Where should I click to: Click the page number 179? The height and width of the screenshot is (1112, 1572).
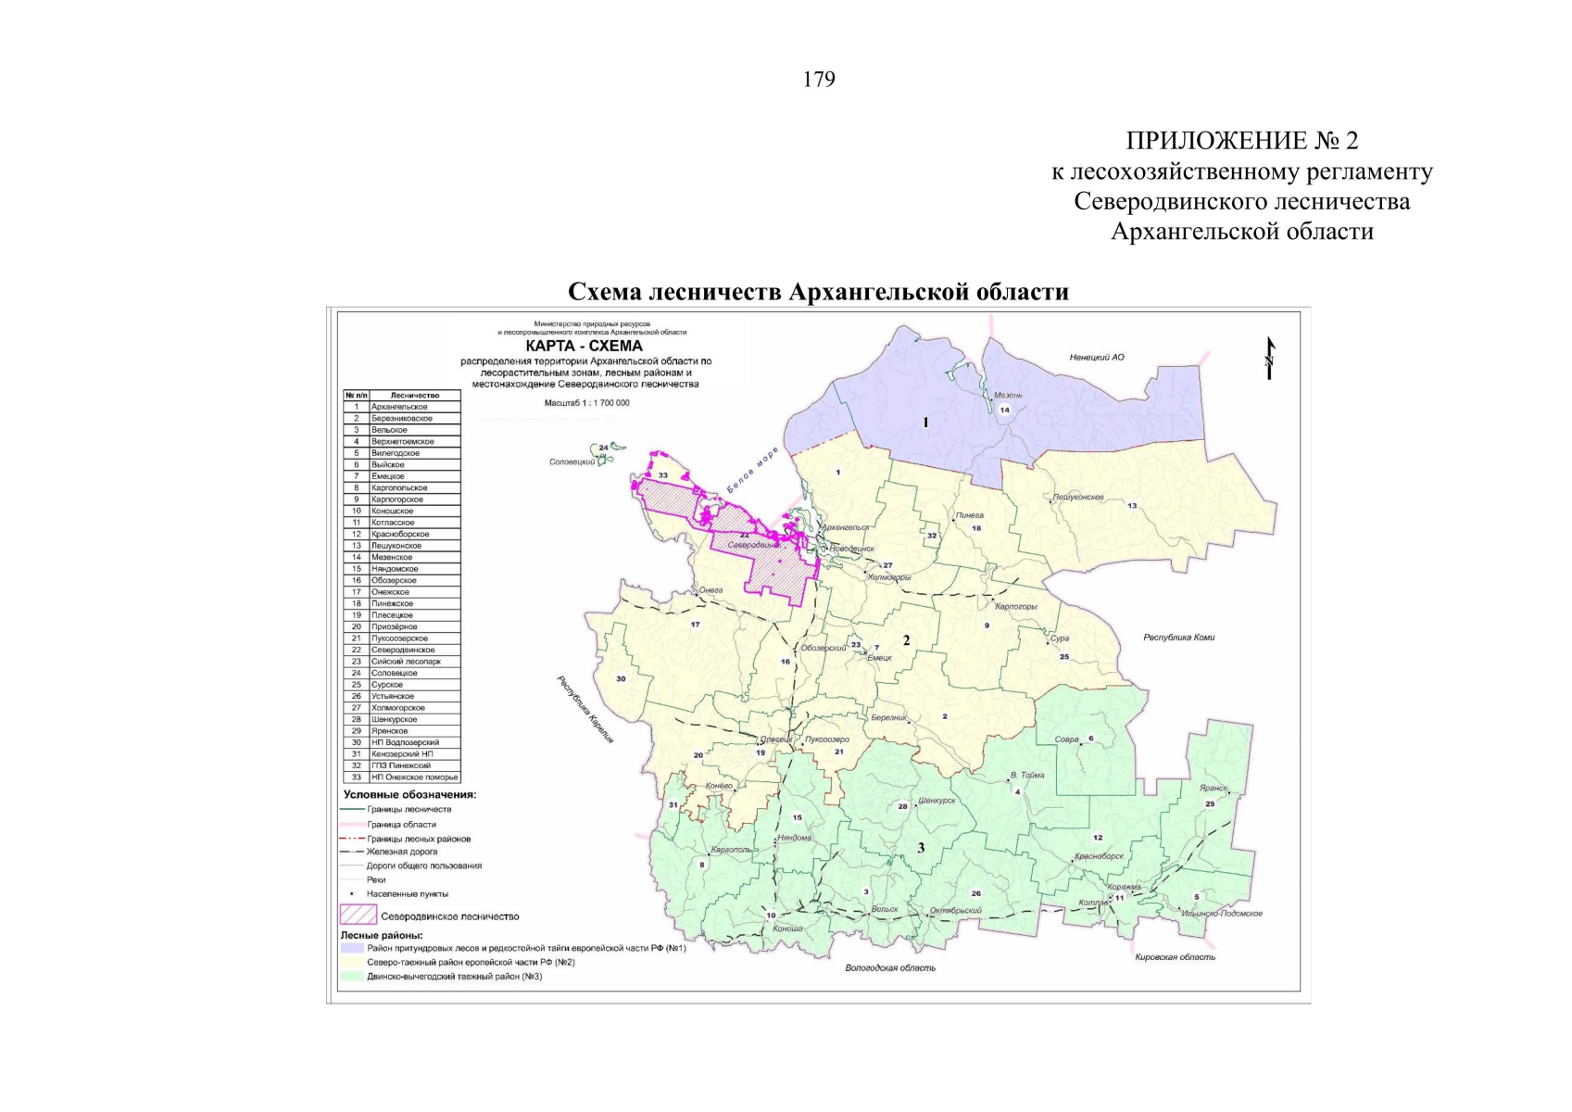pyautogui.click(x=819, y=80)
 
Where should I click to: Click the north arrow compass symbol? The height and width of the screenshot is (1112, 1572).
pyautogui.click(x=1269, y=358)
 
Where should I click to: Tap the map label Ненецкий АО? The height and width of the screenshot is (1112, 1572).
pyautogui.click(x=1096, y=357)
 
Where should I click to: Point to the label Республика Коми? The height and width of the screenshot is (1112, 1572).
pyautogui.click(x=1178, y=638)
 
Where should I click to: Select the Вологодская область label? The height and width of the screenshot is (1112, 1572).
pyautogui.click(x=889, y=967)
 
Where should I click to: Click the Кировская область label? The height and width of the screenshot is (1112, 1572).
pyautogui.click(x=1175, y=957)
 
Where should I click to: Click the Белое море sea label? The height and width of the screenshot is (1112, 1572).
pyautogui.click(x=752, y=471)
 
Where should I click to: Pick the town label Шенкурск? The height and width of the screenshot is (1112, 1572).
pyautogui.click(x=937, y=801)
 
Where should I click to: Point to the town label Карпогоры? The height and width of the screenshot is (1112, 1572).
pyautogui.click(x=1015, y=607)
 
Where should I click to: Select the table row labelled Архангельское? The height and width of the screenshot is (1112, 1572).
pyautogui.click(x=401, y=407)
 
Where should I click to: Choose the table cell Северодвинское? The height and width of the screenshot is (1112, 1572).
pyautogui.click(x=403, y=651)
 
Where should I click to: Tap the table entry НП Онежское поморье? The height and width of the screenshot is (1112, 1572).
pyautogui.click(x=414, y=777)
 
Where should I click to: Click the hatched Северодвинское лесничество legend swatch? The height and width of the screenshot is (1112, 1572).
pyautogui.click(x=358, y=916)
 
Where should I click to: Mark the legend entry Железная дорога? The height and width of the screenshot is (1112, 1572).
pyautogui.click(x=402, y=852)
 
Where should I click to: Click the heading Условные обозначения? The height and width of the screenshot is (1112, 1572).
pyautogui.click(x=409, y=795)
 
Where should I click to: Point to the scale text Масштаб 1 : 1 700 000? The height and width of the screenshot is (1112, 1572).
pyautogui.click(x=587, y=403)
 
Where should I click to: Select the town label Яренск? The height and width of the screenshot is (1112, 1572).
pyautogui.click(x=1213, y=789)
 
